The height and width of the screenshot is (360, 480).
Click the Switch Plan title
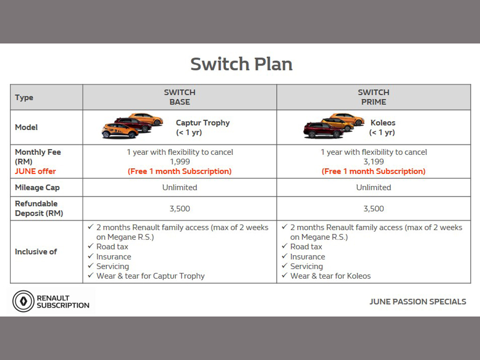pos(241,64)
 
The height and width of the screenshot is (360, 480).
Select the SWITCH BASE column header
pos(180,97)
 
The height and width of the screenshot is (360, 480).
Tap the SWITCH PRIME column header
pos(374,97)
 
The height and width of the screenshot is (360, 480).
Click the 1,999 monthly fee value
pos(180,162)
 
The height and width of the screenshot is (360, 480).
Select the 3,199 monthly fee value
pos(374,162)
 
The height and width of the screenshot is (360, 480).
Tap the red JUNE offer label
pos(35,171)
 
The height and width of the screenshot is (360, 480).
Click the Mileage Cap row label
pos(37,187)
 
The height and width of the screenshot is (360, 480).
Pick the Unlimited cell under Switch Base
pos(180,187)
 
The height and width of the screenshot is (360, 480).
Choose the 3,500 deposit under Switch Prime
pos(374,209)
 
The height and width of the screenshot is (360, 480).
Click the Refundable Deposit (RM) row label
pos(39,209)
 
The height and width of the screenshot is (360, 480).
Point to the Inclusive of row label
pos(36,252)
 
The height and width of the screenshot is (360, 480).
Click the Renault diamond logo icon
pos(23,301)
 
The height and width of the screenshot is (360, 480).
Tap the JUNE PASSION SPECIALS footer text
pos(418,301)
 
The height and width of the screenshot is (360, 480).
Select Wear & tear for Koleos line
pos(330,276)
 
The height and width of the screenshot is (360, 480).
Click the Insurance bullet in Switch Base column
pos(113,256)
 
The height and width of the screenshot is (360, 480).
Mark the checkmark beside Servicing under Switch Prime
pos(285,266)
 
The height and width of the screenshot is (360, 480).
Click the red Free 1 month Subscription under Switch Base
pos(180,171)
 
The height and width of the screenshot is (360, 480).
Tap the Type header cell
pos(24,97)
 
